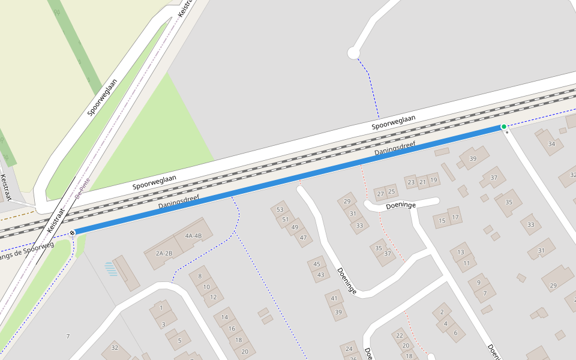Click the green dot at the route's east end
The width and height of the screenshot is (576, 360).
pos(504,127)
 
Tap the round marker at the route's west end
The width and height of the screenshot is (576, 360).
pos(72,233)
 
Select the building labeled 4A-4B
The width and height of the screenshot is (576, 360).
pos(193,235)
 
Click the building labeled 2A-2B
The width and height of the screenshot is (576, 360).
pos(164,253)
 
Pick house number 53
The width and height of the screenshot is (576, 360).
pos(280,209)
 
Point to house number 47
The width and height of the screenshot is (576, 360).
pos(303,238)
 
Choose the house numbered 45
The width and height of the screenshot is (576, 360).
pos(317,264)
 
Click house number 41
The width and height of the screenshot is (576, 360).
pos(335,298)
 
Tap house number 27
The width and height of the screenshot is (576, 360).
pos(380,194)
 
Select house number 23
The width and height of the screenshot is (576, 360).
pos(411,182)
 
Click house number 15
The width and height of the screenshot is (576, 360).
pos(443,221)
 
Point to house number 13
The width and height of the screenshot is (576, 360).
pos(461,252)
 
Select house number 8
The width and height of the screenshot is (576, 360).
pos(200,276)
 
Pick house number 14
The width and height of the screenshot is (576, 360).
pos(224,317)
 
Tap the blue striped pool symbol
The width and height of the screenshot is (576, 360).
pos(111,269)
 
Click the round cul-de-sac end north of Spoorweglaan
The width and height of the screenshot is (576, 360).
pos(353,53)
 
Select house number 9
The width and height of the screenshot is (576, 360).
pos(478,282)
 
